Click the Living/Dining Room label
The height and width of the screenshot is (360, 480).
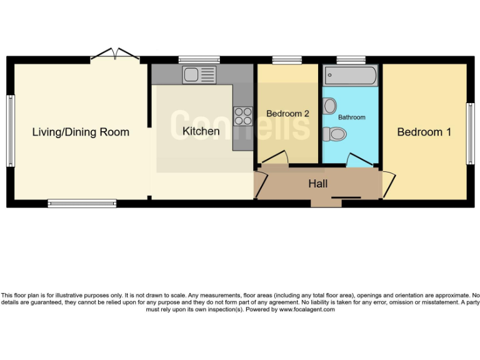[x=81, y=132]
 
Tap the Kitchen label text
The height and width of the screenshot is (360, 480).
[x=201, y=131]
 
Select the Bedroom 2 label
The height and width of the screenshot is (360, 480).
[x=287, y=114]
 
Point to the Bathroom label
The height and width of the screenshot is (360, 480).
[x=351, y=117]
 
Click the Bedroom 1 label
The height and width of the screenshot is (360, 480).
[x=424, y=132]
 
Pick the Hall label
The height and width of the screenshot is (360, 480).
[x=317, y=184]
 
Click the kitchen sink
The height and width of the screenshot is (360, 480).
[x=199, y=75]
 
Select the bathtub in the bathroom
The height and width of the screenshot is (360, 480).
[x=351, y=76]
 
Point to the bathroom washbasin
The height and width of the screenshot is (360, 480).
[x=330, y=106]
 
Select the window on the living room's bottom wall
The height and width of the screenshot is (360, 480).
[x=82, y=203]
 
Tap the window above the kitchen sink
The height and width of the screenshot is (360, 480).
[x=199, y=60]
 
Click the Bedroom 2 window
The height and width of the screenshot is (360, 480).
[x=287, y=60]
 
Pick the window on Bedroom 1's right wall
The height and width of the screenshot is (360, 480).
[x=470, y=132]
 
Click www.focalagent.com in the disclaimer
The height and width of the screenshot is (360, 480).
[x=306, y=309]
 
